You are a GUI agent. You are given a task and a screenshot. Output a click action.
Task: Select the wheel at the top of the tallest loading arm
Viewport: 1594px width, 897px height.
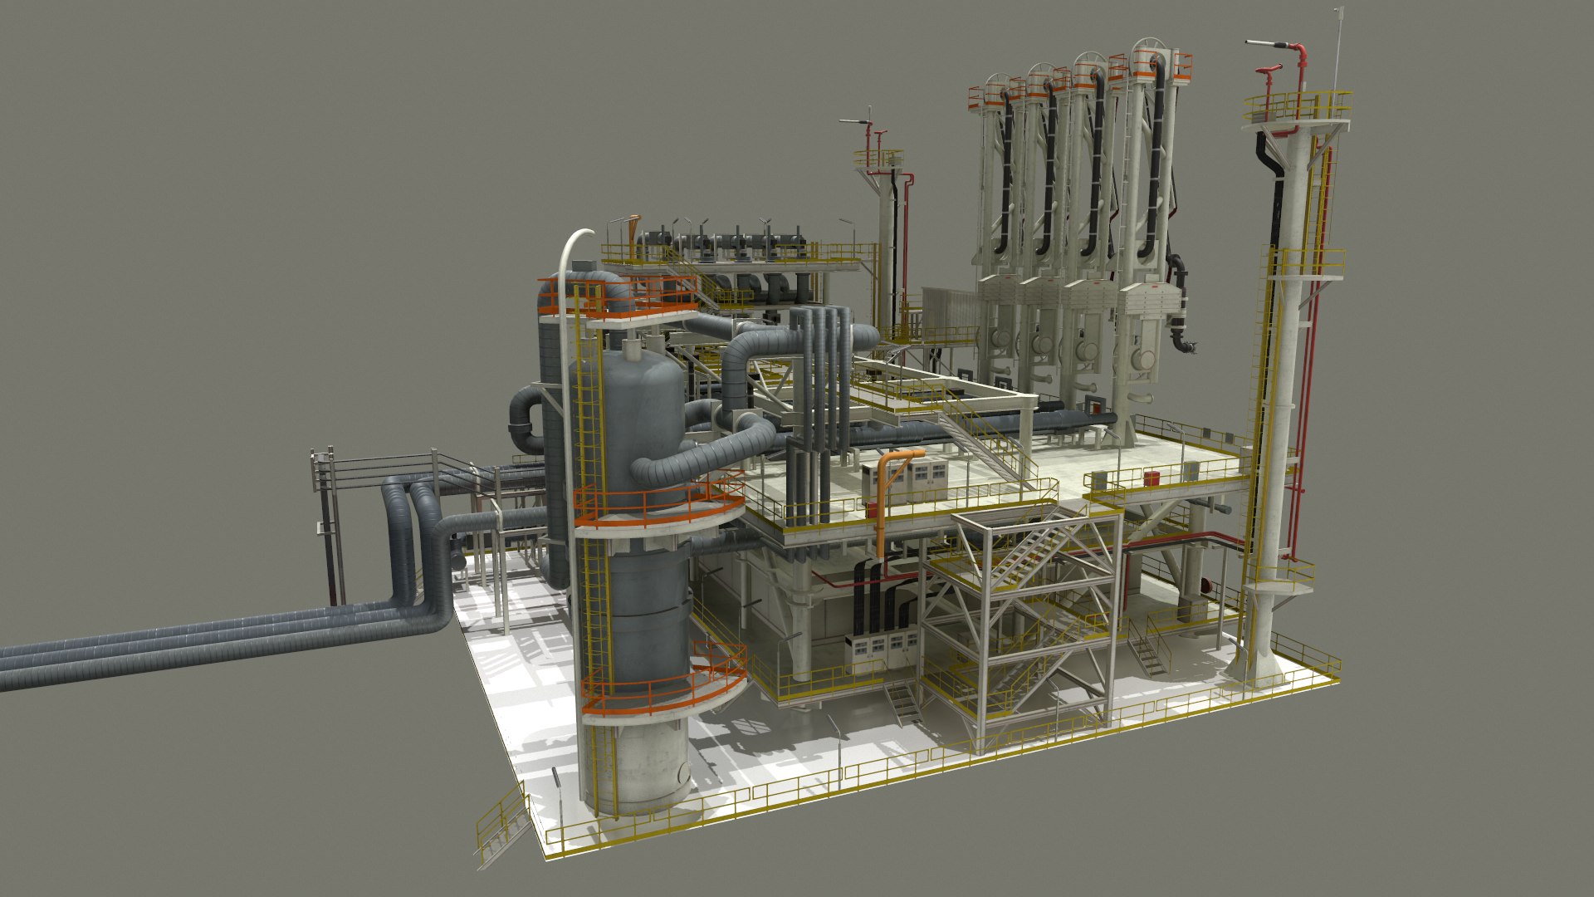(1149, 50)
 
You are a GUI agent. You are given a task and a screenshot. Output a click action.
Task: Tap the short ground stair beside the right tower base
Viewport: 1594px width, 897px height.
(1146, 652)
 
